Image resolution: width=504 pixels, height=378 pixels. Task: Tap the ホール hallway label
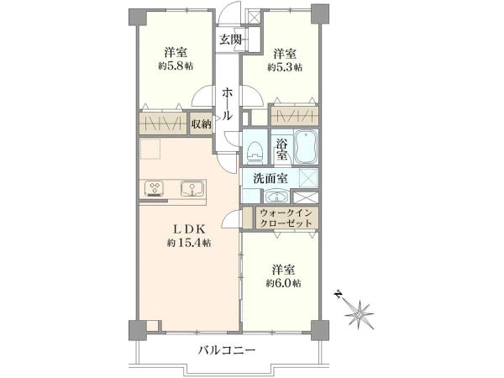[x=228, y=106]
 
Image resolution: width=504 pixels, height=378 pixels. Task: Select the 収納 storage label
[x=200, y=123]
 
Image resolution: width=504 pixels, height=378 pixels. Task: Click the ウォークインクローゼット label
[x=287, y=219]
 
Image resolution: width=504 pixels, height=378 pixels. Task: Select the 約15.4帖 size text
[x=188, y=243]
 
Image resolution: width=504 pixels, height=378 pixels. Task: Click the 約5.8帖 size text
[x=173, y=66]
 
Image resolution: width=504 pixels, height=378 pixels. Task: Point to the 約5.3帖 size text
[x=286, y=66]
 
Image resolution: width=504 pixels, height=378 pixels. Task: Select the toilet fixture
[x=255, y=151]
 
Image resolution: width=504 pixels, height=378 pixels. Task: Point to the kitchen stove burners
[x=156, y=186]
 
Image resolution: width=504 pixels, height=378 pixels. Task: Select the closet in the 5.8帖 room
[x=164, y=123]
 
